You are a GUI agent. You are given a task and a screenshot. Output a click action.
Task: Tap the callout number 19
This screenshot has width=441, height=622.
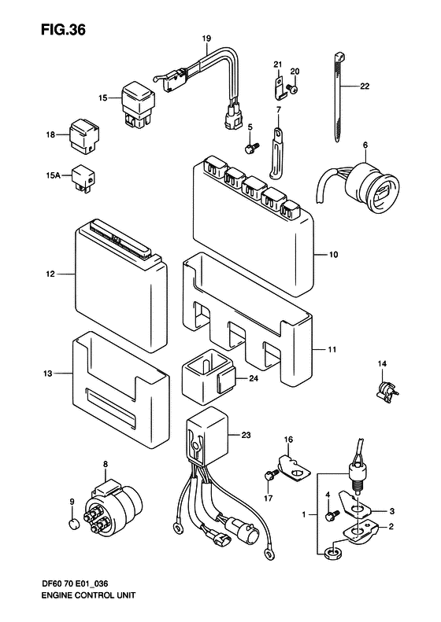(x=206, y=39)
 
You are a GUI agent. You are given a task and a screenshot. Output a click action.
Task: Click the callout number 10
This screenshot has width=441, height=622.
(x=333, y=255)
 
